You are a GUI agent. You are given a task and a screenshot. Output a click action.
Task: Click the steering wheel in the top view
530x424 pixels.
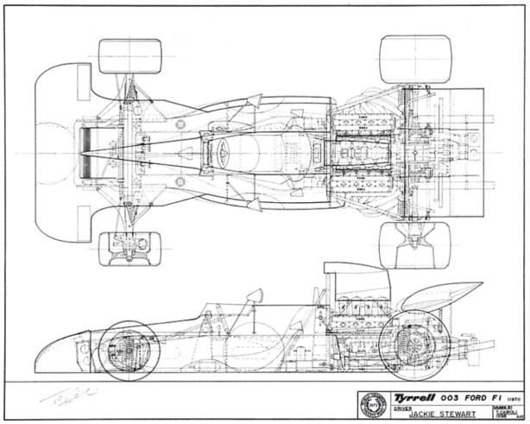click(x=223, y=152)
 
